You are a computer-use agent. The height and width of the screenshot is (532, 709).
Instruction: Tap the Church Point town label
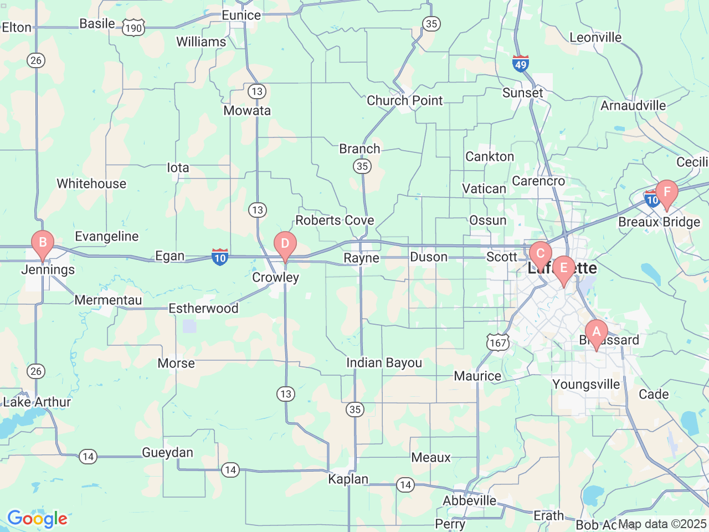pos(405,101)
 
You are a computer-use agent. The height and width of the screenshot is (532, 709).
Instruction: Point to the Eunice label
pos(242,16)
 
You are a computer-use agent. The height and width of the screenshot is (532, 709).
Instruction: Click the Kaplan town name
pos(348,479)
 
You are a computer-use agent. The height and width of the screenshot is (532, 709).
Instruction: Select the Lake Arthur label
pos(37,402)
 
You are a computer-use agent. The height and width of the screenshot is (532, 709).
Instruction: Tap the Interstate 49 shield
pos(521,64)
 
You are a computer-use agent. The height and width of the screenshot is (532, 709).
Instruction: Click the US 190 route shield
pos(133,28)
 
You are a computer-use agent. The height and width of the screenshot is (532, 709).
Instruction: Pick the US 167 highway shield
pos(498,342)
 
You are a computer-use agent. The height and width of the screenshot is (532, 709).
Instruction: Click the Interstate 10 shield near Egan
pos(220,257)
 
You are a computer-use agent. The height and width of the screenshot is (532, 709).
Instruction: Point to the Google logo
pos(37,519)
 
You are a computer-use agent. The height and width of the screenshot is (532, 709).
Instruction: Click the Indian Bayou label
pos(384,363)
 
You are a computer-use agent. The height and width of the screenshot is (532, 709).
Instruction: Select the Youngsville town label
pos(587,385)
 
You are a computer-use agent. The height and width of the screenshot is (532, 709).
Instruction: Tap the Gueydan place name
pos(168,453)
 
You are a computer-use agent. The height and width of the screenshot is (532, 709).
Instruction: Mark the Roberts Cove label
pos(335,221)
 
